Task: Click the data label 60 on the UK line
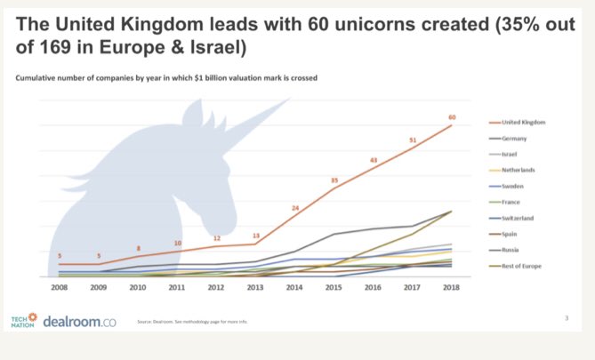click(452, 116)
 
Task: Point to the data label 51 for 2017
click(412, 140)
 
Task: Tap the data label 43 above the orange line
click(374, 160)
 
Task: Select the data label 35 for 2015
click(334, 180)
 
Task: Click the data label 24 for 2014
click(294, 208)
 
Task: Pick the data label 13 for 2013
click(255, 236)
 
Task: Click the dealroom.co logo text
click(79, 319)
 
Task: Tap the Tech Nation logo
click(24, 319)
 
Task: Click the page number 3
click(567, 317)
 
